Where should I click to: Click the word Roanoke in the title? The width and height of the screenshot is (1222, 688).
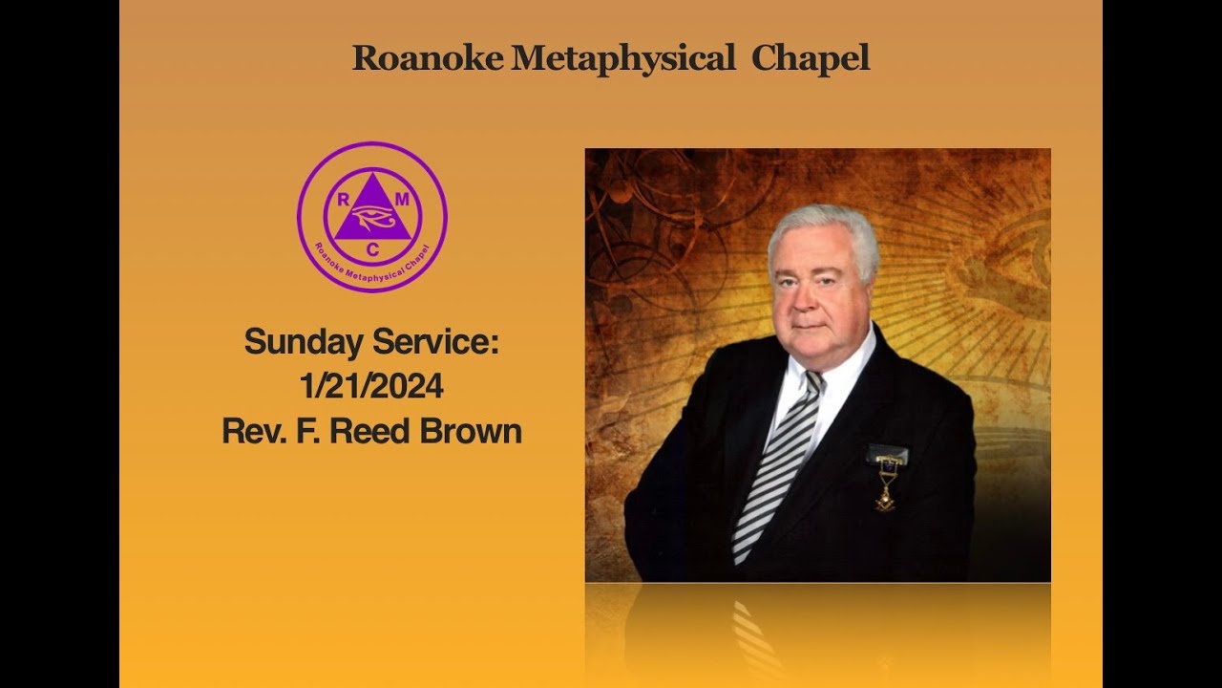[x=429, y=58]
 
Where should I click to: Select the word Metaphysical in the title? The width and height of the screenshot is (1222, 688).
[x=623, y=58]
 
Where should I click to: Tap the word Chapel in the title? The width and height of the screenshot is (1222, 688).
[x=811, y=58]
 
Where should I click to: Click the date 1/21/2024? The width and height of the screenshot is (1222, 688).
[x=371, y=386]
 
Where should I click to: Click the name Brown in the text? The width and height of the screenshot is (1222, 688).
[x=472, y=430]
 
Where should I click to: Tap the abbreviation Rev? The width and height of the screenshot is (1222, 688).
[x=246, y=430]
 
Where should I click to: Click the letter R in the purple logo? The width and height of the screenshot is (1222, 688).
[x=342, y=199]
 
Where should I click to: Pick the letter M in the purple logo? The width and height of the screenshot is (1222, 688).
[x=402, y=199]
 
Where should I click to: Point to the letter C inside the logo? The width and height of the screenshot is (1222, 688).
[x=372, y=250]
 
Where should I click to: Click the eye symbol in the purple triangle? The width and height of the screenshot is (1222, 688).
[x=372, y=220]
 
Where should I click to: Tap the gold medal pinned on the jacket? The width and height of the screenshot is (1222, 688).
[x=885, y=495]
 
